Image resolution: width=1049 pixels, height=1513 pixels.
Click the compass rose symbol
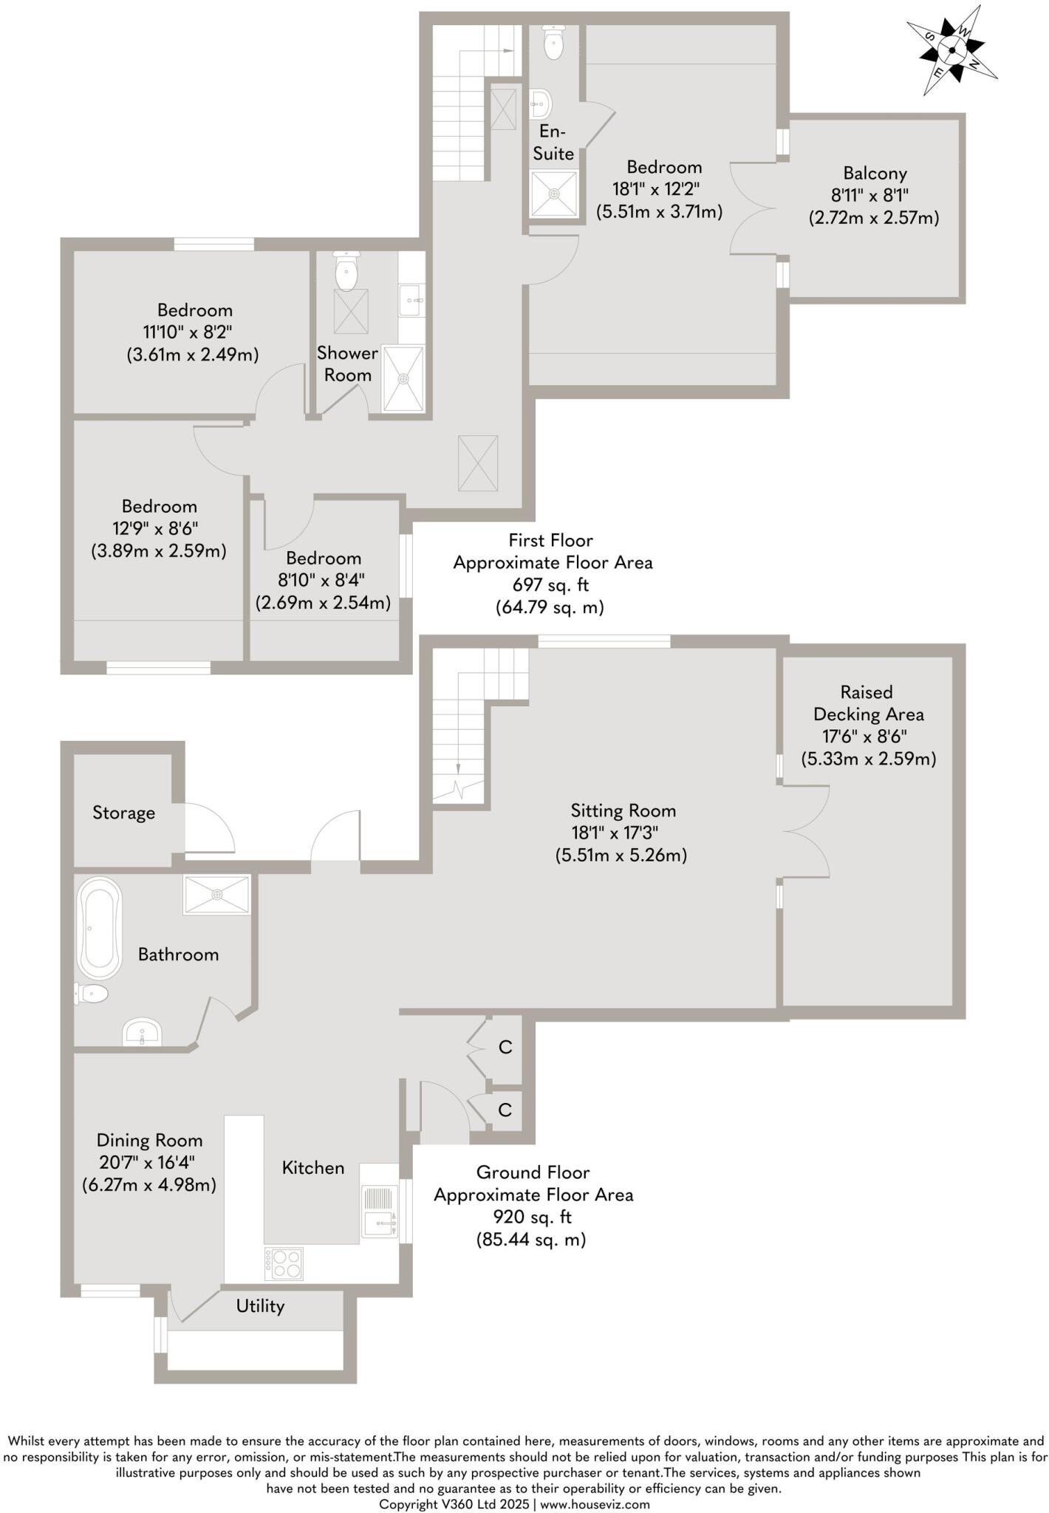[x=951, y=50]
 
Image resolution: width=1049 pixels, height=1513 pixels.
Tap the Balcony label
[x=875, y=174]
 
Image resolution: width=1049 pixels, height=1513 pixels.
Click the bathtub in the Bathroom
[x=99, y=928]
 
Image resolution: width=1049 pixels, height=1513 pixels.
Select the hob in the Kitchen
[x=284, y=1263]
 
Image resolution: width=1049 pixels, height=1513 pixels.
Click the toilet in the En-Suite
[x=553, y=44]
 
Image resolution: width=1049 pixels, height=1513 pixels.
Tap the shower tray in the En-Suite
[x=553, y=194]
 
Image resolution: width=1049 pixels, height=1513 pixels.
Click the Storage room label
[x=123, y=813]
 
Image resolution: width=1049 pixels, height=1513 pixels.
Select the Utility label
[x=260, y=1306]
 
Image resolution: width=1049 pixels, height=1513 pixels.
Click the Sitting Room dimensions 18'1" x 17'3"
[x=615, y=833]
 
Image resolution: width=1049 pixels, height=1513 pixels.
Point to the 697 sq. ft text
[x=550, y=585]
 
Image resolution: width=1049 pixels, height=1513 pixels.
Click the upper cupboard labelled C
[x=505, y=1047]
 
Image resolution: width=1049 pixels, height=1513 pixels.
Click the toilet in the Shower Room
[x=346, y=271]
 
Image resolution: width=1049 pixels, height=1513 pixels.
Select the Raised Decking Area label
[x=868, y=703]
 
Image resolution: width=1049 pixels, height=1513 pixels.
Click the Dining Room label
[x=149, y=1140]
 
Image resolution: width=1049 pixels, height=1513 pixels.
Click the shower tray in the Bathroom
[x=216, y=895]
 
